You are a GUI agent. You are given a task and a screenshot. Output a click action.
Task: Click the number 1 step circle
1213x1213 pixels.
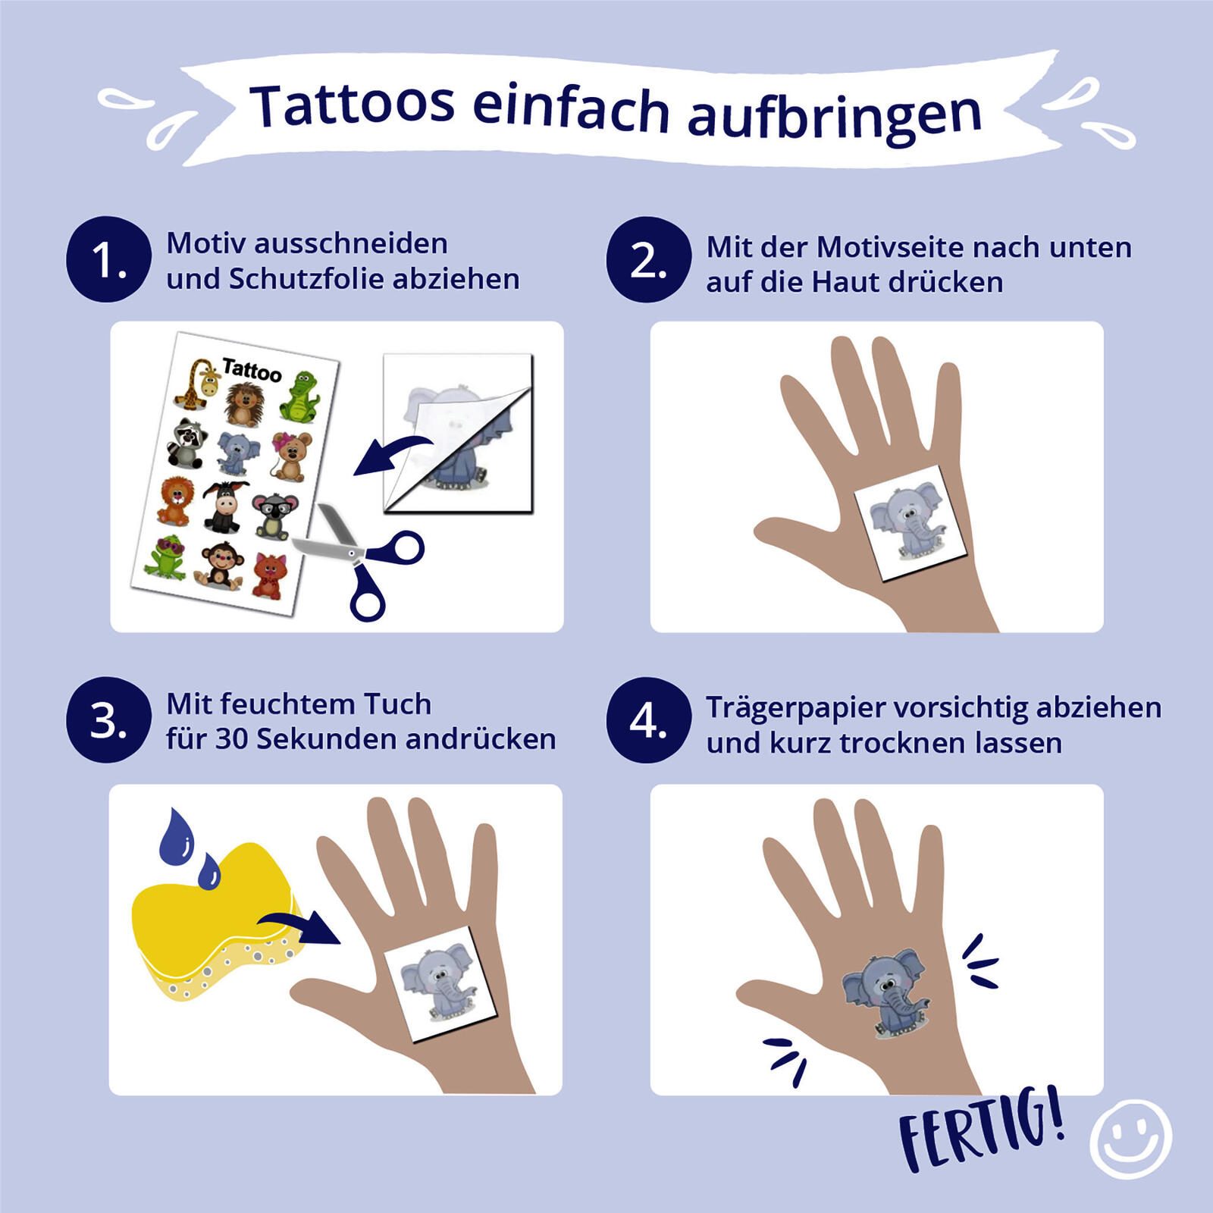108,260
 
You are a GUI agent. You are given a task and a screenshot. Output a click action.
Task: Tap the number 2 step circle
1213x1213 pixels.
649,260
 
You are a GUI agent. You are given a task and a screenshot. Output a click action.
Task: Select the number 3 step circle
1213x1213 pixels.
108,720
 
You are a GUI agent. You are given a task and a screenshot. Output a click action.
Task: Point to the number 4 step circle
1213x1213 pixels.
649,720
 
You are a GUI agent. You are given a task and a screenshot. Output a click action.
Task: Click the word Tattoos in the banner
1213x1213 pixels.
353,105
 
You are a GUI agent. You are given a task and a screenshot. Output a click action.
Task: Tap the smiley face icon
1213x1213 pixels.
1131,1136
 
